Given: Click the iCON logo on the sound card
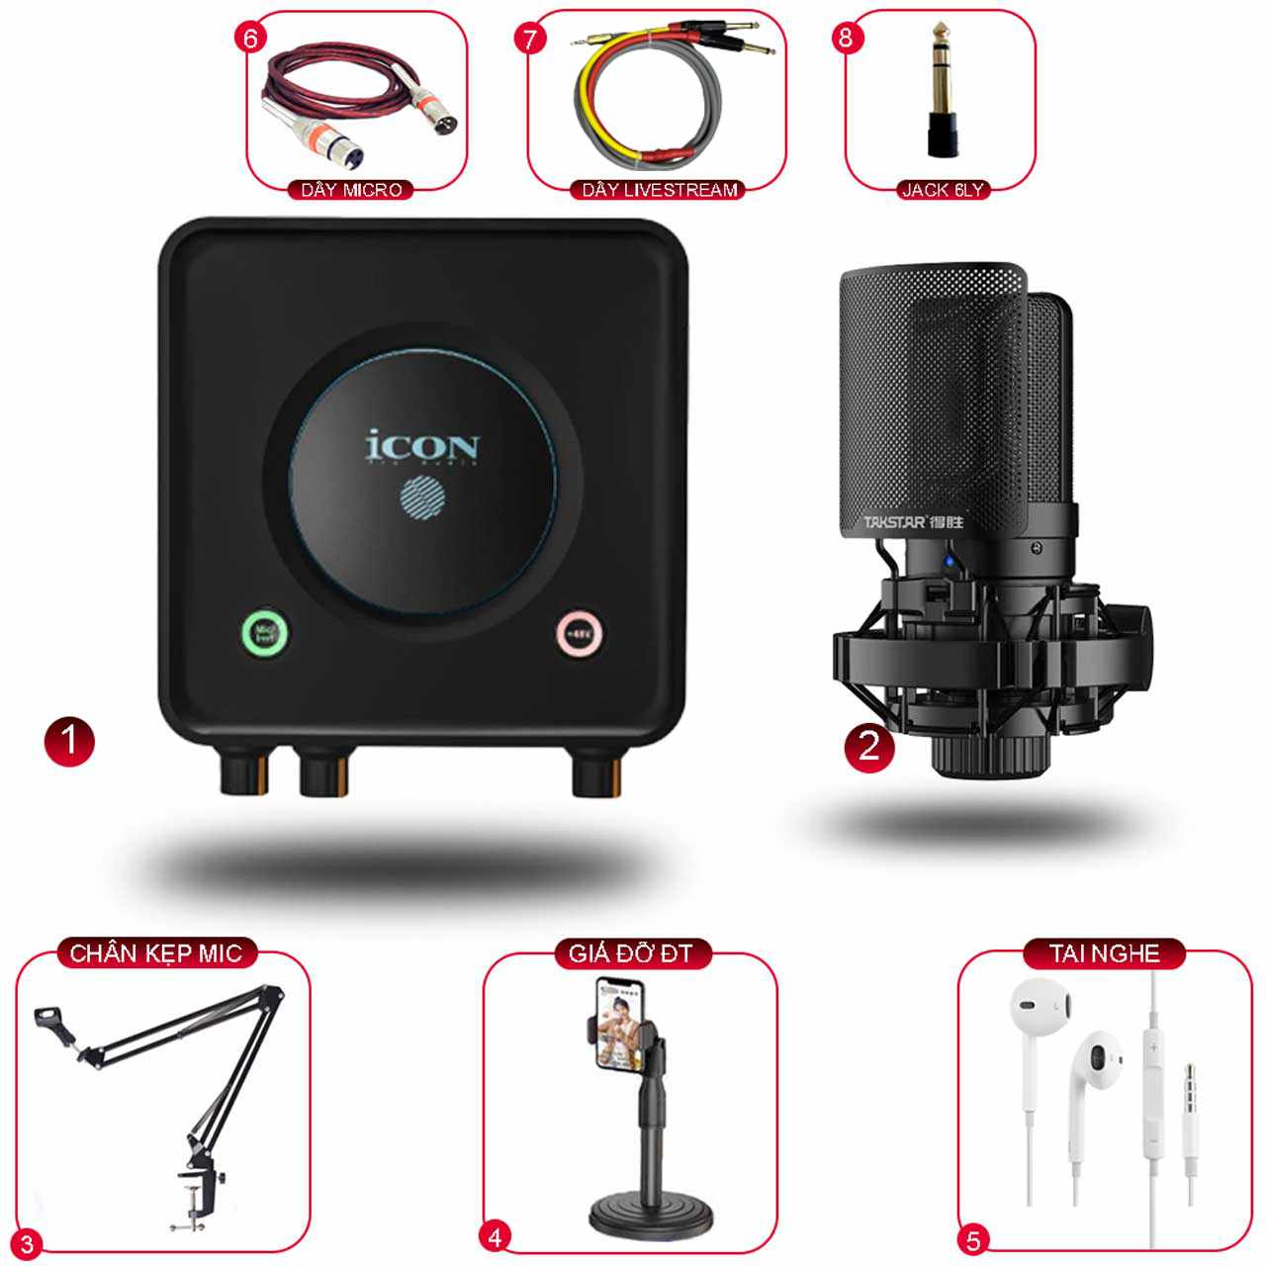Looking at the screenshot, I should tap(423, 446).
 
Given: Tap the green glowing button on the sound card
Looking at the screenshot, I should tap(266, 633).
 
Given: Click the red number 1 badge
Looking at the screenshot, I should tap(69, 742).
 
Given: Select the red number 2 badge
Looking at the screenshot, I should tap(869, 745).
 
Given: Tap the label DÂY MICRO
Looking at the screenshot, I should tap(351, 190).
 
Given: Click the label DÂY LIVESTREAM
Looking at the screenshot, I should tap(660, 190).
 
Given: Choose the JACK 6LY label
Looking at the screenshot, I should tap(942, 190).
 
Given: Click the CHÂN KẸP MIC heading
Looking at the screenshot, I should tap(155, 953).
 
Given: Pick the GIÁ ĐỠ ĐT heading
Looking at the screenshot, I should tap(630, 953).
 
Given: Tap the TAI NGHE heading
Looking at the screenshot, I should tap(1104, 953).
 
